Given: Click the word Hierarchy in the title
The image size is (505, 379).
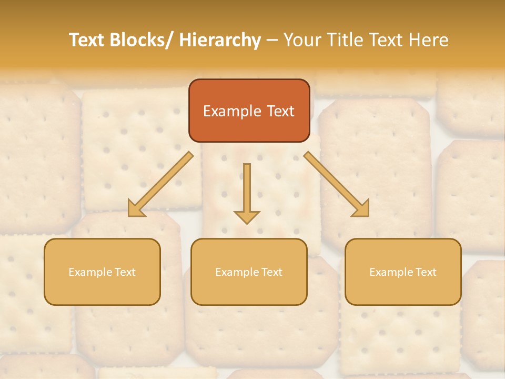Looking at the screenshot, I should point(220,40).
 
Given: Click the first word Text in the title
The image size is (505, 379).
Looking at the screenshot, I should point(87,40).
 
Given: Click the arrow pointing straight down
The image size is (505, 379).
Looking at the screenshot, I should point(247,193).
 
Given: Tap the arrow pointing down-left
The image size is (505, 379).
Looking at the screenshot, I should point(160,184).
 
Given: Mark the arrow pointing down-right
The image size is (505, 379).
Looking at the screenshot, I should point(337,184).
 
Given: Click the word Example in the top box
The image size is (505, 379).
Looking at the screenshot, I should point(225,111).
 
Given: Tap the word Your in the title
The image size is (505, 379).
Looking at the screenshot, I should point(301,40).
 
